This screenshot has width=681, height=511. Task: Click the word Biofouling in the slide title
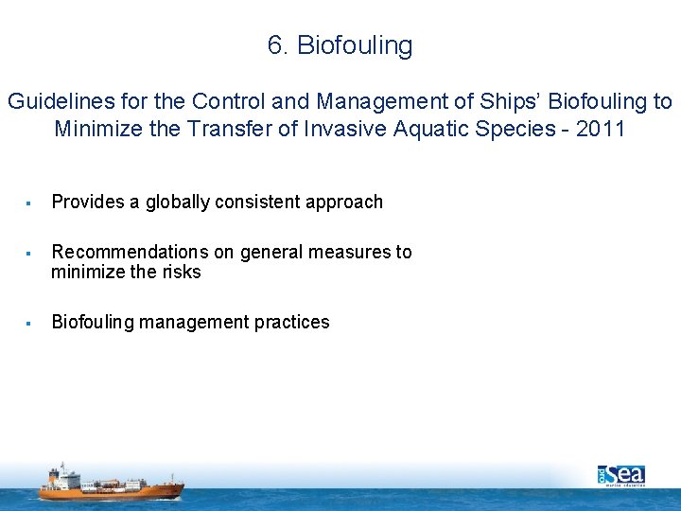[355, 46]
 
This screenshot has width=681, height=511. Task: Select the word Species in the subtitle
[508, 129]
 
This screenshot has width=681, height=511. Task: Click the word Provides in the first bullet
[86, 202]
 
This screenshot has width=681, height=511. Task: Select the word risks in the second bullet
[181, 272]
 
